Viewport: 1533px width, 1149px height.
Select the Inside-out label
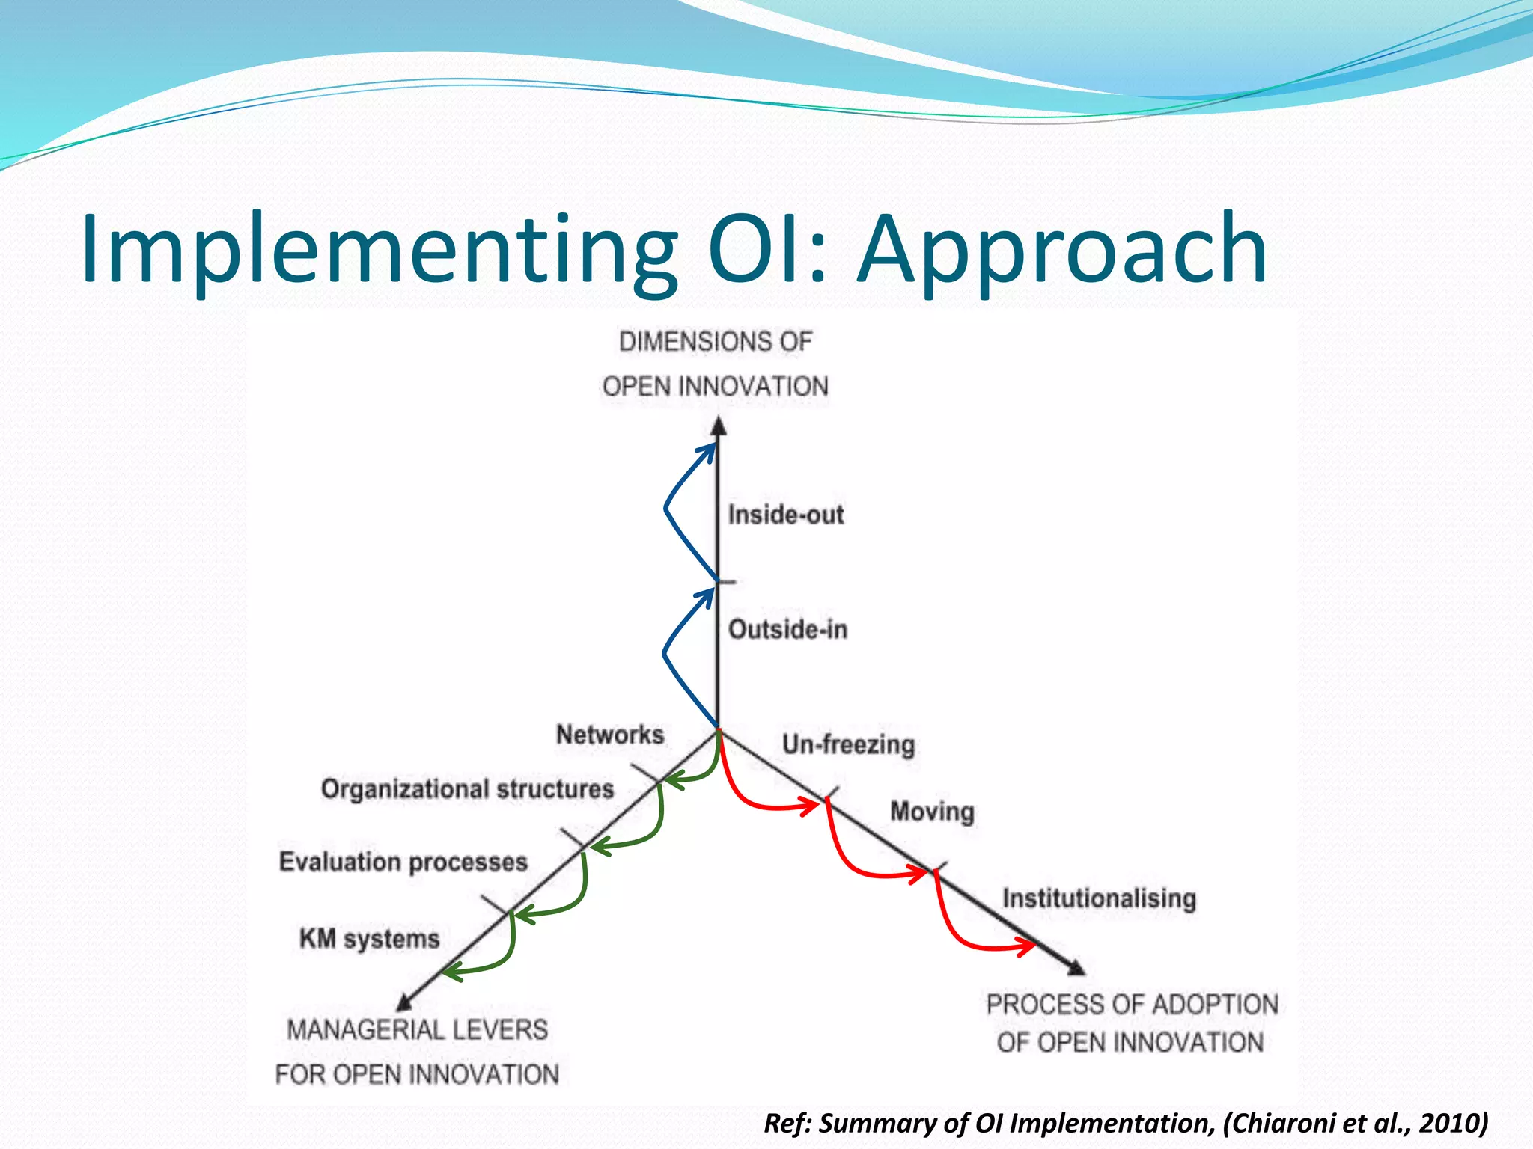[786, 515]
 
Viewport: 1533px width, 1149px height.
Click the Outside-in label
[787, 630]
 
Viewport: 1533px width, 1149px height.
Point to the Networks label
[610, 735]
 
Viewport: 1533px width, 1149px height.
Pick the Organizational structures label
[467, 789]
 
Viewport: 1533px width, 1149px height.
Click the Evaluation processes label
[403, 862]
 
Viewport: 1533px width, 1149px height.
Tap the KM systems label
[369, 939]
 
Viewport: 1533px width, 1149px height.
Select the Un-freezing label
[848, 744]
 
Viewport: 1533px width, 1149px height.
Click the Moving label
[932, 812]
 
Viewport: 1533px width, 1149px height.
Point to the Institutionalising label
[1099, 898]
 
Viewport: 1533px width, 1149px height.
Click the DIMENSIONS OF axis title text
[715, 342]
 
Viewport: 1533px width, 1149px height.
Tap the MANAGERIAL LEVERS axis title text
[418, 1030]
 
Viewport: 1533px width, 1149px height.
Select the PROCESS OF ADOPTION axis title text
[1132, 1005]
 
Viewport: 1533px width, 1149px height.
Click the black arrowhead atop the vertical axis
[719, 427]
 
